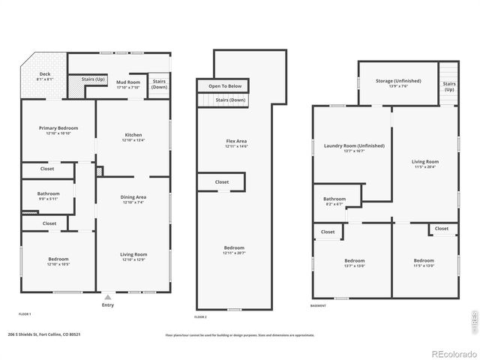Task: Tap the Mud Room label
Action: point(127,82)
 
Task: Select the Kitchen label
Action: point(133,135)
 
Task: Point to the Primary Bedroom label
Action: point(58,128)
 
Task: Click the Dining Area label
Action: point(133,197)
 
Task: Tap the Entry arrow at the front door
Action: point(107,295)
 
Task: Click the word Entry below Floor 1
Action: point(107,305)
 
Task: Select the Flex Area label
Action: point(236,141)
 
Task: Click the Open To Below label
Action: point(225,86)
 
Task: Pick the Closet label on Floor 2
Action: point(222,181)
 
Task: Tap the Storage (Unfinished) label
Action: point(399,81)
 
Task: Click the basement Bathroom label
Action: point(334,199)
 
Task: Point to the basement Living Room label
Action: point(425,161)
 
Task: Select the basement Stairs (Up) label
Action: point(449,86)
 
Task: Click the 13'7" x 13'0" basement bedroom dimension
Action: point(354,265)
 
